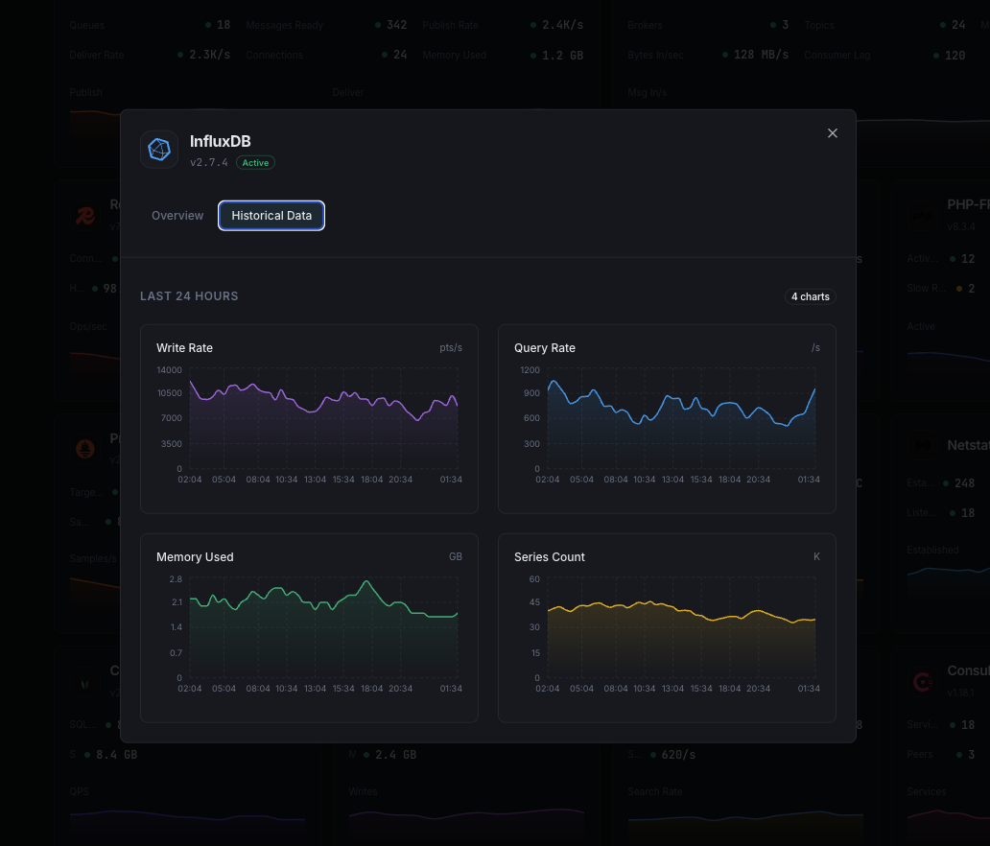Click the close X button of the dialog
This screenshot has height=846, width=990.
point(833,133)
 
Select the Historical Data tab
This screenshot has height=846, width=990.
point(271,216)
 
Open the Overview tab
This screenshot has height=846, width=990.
point(177,216)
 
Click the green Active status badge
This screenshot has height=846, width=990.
point(255,163)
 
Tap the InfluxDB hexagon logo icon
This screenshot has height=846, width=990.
point(159,150)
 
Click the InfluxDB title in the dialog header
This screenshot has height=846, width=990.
point(220,142)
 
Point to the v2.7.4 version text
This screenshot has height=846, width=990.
point(209,163)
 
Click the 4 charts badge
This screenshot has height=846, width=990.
point(810,296)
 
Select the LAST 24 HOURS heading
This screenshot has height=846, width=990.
point(189,296)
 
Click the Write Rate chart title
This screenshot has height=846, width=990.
point(184,348)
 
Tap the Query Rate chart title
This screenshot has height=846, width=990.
point(544,348)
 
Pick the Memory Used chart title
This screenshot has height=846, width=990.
point(195,557)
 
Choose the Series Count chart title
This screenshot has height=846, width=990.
point(549,557)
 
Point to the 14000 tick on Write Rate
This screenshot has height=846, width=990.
point(169,369)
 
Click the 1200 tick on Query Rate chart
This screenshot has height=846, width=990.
point(530,369)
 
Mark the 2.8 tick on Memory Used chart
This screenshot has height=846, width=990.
point(176,579)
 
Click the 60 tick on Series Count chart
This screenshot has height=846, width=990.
point(534,579)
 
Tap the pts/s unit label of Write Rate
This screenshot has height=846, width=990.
point(451,348)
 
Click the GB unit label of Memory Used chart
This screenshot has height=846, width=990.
point(455,557)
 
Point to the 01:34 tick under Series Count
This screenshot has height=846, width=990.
point(809,689)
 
